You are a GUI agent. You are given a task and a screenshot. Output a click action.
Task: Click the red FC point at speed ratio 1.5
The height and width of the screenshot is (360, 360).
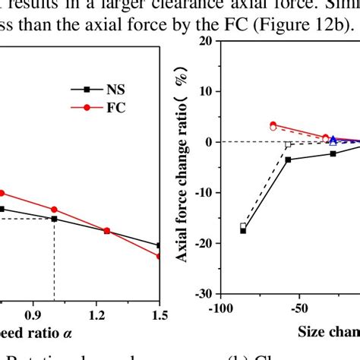(159, 256)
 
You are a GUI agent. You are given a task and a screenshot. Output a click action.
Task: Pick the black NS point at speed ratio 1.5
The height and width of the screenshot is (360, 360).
(159, 245)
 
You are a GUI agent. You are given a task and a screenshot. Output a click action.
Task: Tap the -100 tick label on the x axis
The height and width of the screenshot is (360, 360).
(219, 309)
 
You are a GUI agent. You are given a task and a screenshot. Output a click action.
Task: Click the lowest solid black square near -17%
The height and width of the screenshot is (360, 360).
(243, 230)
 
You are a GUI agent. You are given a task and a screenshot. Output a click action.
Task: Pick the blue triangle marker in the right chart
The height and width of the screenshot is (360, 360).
(333, 141)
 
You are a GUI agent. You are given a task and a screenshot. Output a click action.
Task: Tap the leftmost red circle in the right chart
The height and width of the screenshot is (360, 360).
(273, 125)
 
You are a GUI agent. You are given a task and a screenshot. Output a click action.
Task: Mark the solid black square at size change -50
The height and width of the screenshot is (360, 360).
(288, 159)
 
